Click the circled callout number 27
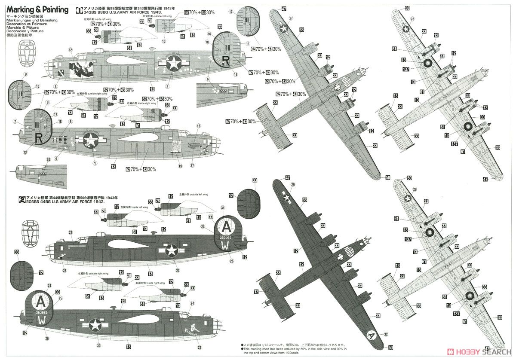click(x=291, y=18)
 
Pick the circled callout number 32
click(x=386, y=334)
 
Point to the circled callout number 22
click(x=199, y=348)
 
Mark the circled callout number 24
click(x=192, y=303)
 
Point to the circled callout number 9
click(x=25, y=74)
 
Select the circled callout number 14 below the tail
click(x=236, y=74)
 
